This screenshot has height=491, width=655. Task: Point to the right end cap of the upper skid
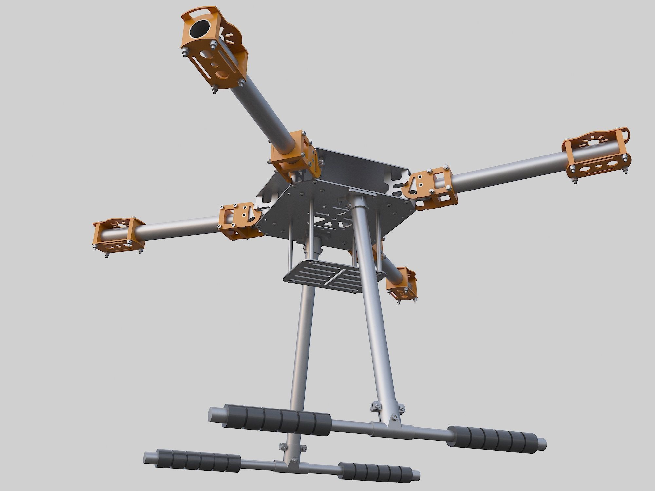coord(542,444)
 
